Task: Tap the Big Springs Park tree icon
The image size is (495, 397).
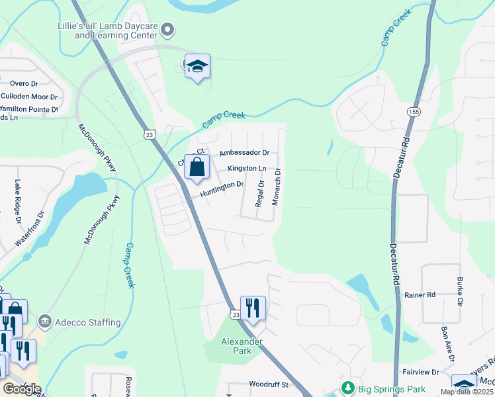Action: click(x=345, y=387)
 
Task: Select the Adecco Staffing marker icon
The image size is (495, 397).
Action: click(x=45, y=322)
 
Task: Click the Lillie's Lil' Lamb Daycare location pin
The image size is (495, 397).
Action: click(x=168, y=29)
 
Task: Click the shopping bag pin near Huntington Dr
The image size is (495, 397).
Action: click(x=197, y=168)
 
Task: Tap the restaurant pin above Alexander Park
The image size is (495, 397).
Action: click(x=253, y=308)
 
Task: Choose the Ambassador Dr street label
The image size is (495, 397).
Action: click(x=246, y=152)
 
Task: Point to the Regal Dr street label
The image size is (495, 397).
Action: click(x=261, y=193)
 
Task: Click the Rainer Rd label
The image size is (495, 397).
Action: click(x=420, y=294)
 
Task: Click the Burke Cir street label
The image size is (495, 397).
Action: click(x=459, y=292)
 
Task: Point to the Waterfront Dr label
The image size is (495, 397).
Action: click(x=29, y=230)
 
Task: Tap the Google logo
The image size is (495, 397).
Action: click(x=21, y=388)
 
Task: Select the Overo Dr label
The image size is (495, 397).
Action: click(x=24, y=83)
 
